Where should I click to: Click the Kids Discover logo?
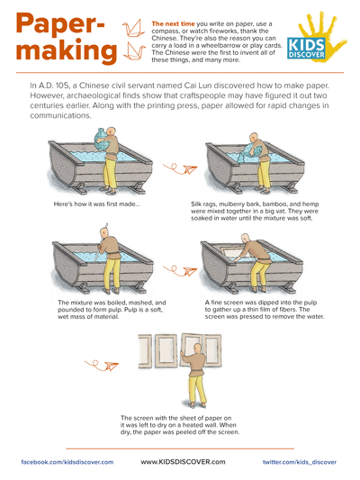pyautogui.click(x=316, y=37)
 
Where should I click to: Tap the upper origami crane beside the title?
pyautogui.click(x=134, y=28)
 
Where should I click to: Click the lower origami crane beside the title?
pyautogui.click(x=134, y=50)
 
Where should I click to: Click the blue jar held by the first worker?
pyautogui.click(x=104, y=140)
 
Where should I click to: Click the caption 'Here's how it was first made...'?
pyautogui.click(x=96, y=204)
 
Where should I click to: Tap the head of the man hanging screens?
pyautogui.click(x=198, y=348)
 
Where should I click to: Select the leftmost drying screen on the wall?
pyautogui.click(x=145, y=350)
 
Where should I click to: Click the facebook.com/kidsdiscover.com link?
pyautogui.click(x=67, y=462)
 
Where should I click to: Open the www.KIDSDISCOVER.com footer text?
pyautogui.click(x=183, y=462)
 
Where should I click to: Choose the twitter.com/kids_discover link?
pyautogui.click(x=300, y=462)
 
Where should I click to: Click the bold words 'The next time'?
pyautogui.click(x=173, y=24)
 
